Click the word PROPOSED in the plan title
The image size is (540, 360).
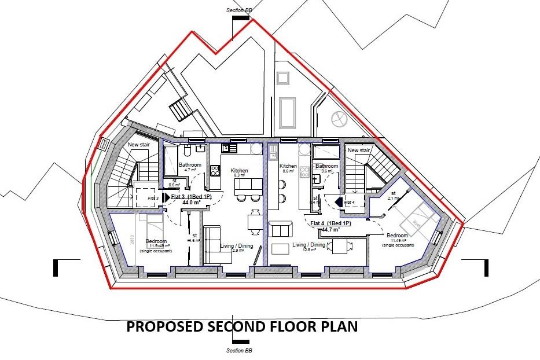pos(162,327)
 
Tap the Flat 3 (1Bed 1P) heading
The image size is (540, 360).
pos(192,197)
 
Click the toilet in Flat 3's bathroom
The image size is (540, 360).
pos(187,151)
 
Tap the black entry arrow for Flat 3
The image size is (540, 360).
pos(167,198)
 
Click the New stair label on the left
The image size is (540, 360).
pos(139,145)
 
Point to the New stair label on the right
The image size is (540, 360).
pos(358,150)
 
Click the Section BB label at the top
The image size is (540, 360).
pos(238,10)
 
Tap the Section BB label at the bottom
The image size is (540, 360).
pos(238,351)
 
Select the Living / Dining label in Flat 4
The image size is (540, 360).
pos(307,245)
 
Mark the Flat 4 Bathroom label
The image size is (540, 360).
pos(326,167)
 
